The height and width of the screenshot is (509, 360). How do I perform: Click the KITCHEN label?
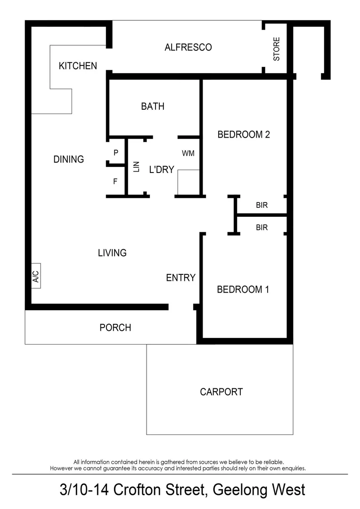click(78, 66)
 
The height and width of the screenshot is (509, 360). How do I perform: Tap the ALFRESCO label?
click(188, 47)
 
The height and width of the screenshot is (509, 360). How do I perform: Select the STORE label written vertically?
click(277, 49)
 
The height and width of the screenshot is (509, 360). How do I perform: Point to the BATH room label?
click(153, 107)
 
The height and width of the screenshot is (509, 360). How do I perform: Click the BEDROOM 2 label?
click(243, 135)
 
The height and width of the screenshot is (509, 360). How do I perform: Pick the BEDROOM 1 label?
click(243, 289)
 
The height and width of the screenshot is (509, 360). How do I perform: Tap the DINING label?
click(69, 159)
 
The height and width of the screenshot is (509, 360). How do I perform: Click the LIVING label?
click(112, 253)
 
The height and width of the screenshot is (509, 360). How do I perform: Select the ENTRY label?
click(180, 278)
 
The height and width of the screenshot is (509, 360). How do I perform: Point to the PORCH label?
click(115, 328)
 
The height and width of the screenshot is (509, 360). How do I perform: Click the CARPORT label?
click(221, 392)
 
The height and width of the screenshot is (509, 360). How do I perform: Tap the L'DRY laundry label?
click(162, 170)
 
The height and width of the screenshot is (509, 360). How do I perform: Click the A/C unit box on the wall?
click(36, 275)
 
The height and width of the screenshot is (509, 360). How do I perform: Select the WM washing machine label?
click(188, 153)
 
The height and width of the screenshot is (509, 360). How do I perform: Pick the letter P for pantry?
click(115, 153)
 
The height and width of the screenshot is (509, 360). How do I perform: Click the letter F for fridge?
click(115, 181)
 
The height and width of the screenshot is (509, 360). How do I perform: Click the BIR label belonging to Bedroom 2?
click(262, 205)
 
